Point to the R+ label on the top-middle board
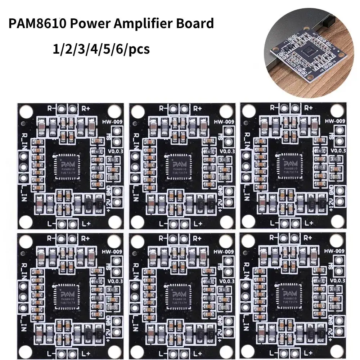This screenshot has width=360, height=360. click(x=197, y=108)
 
